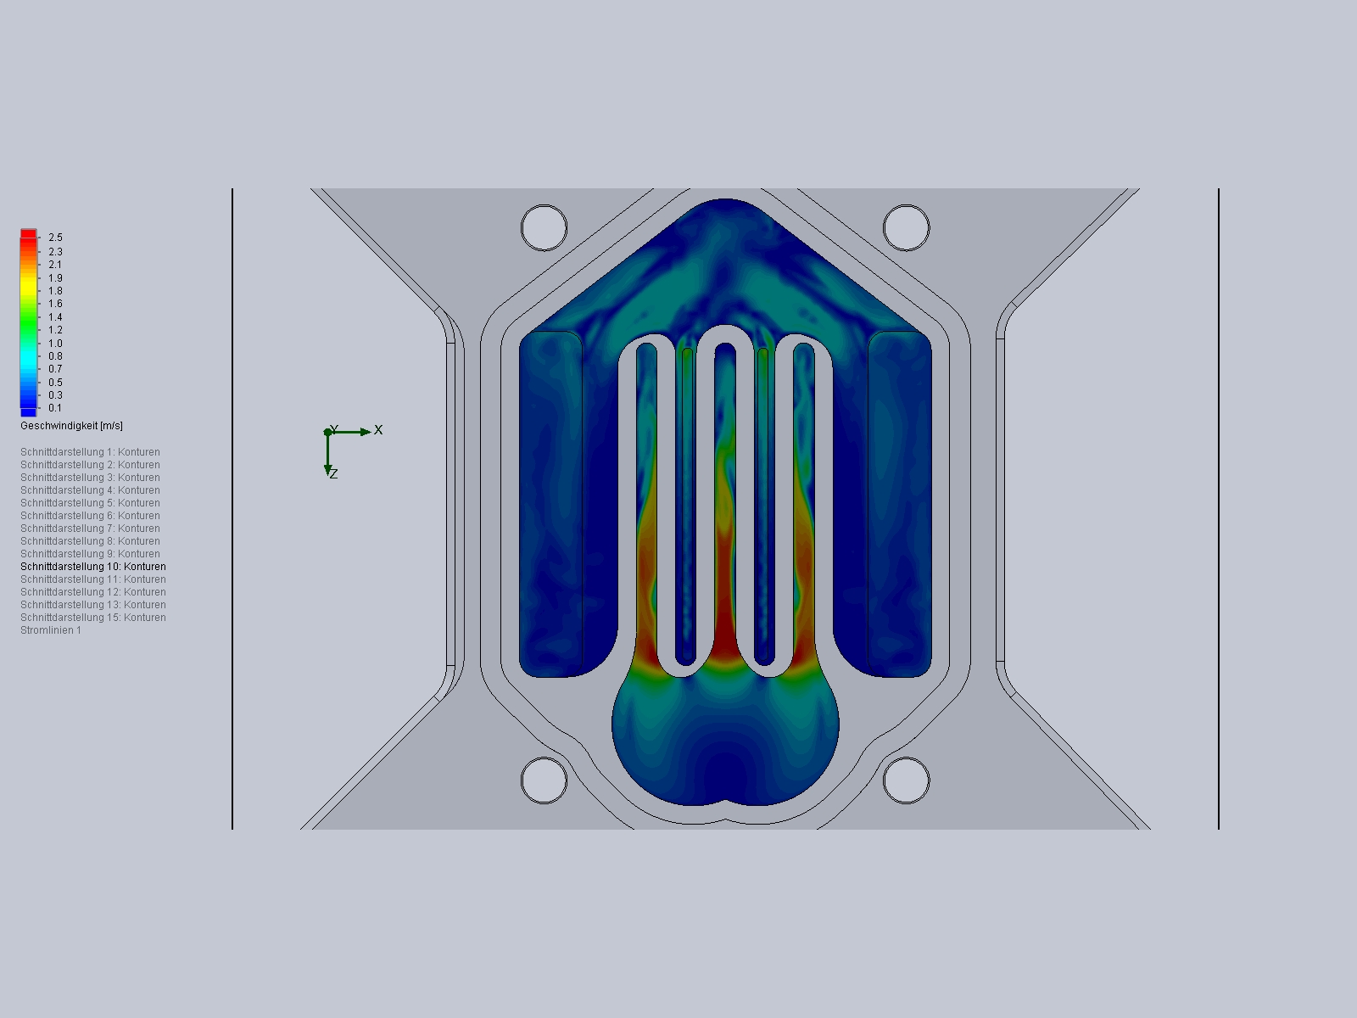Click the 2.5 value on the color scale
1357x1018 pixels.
[56, 238]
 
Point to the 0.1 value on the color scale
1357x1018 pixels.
[56, 408]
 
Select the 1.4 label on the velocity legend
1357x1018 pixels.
[56, 317]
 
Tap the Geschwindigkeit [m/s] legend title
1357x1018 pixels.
[72, 426]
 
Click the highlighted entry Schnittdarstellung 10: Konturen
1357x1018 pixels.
[93, 567]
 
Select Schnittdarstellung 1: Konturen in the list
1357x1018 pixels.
[90, 452]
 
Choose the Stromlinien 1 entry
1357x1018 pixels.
[51, 630]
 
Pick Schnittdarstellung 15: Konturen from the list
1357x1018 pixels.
[93, 618]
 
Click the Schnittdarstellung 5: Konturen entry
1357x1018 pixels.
[90, 503]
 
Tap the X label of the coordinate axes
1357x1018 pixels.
[378, 429]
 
